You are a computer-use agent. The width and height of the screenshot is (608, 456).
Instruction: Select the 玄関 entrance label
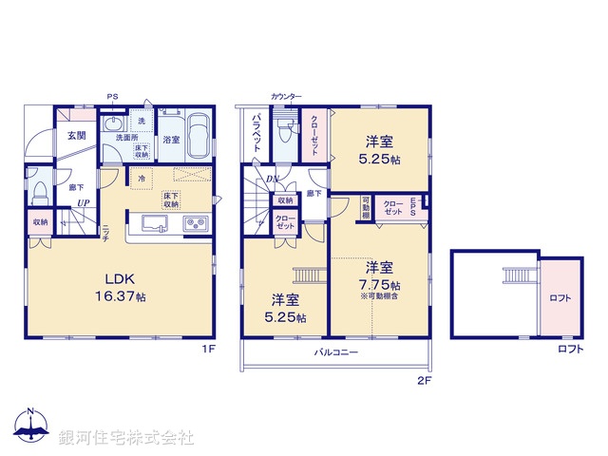click(x=77, y=135)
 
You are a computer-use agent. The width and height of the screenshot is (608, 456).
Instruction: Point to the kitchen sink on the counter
click(x=154, y=224)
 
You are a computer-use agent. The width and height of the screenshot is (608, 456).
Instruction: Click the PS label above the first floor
click(x=112, y=97)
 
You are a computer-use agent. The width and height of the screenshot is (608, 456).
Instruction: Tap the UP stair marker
click(x=84, y=203)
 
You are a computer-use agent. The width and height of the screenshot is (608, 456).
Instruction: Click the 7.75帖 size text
click(x=381, y=284)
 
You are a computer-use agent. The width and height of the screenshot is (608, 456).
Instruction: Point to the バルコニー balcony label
click(x=336, y=352)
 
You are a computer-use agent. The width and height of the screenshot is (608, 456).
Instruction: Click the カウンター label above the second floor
click(x=286, y=97)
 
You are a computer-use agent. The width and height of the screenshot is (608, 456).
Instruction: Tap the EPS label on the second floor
click(x=414, y=207)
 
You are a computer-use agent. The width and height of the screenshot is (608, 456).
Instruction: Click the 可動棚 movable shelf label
click(x=367, y=208)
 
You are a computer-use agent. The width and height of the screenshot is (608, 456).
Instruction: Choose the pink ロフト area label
click(x=560, y=298)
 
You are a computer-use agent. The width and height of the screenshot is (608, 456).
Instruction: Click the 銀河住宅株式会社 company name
click(x=126, y=438)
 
